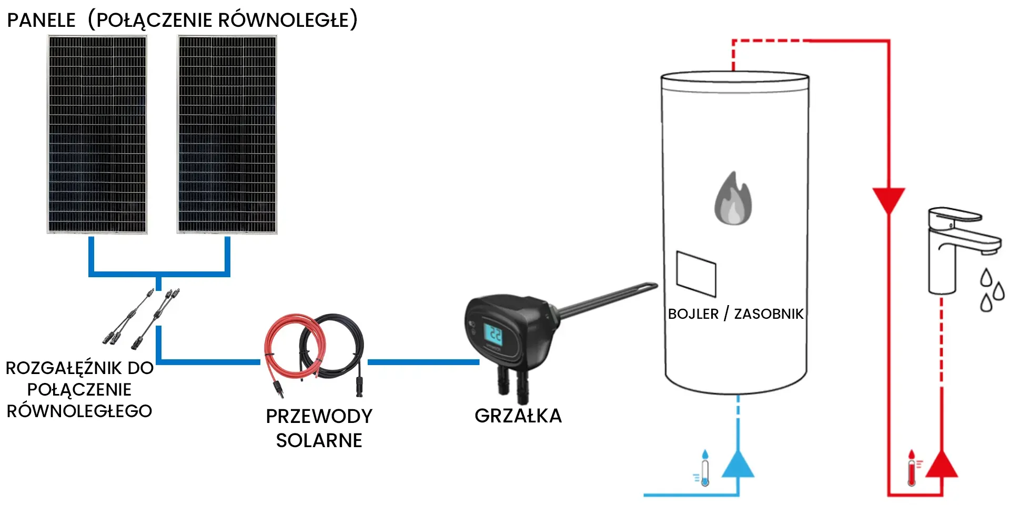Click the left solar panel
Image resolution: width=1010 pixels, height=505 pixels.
(x=97, y=134)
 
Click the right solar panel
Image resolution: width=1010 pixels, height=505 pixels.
(x=227, y=134)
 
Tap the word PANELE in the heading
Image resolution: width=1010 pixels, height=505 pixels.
(x=42, y=21)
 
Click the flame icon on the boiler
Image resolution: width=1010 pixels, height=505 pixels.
(x=733, y=199)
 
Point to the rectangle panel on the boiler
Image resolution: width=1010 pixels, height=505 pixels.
(x=696, y=274)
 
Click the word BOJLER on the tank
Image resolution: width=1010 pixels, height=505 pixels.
(x=693, y=314)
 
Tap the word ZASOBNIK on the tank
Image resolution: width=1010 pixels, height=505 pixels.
(x=769, y=314)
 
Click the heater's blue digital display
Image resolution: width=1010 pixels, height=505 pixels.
(x=493, y=335)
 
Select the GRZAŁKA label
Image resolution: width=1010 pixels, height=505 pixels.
(x=518, y=416)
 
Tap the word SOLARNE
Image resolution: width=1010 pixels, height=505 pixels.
(x=319, y=440)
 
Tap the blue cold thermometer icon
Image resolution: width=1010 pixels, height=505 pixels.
(x=704, y=468)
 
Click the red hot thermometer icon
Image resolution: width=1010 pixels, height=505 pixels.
(x=912, y=468)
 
